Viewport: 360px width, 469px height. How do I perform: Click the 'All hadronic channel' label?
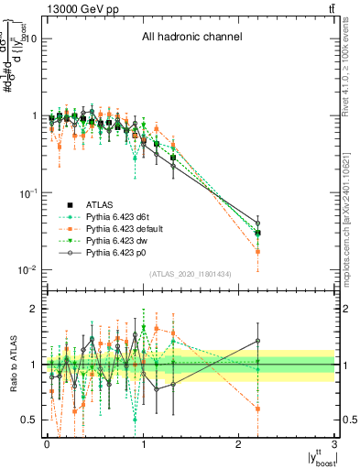click(191, 38)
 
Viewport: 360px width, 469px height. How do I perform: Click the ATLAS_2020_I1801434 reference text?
click(191, 274)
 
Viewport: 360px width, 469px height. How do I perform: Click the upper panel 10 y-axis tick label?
click(27, 38)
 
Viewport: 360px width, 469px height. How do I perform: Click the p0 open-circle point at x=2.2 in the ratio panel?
click(257, 341)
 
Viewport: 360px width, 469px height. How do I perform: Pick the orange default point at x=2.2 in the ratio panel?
click(257, 409)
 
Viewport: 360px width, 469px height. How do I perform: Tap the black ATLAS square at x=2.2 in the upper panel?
click(257, 233)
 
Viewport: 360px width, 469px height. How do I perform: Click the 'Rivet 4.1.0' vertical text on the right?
click(351, 69)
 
